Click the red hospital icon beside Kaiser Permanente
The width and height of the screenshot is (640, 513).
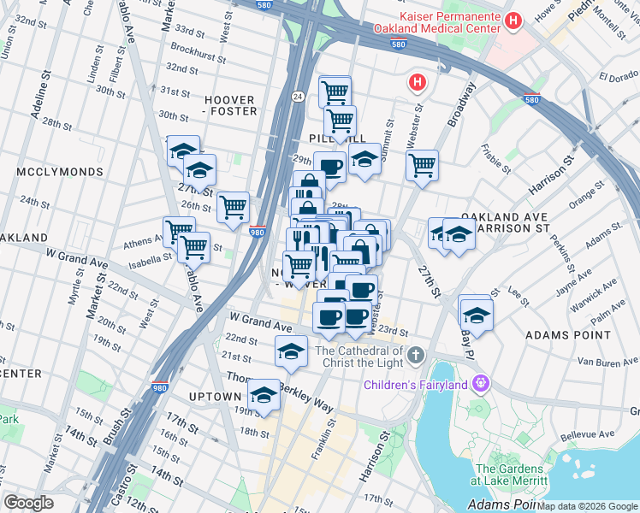[513, 21]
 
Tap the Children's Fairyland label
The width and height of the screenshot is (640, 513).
[416, 385]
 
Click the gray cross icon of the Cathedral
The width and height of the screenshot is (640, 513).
[415, 354]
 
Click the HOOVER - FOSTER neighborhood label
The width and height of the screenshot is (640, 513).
[228, 105]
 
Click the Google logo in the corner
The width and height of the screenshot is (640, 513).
[28, 503]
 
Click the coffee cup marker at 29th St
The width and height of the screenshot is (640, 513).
[329, 167]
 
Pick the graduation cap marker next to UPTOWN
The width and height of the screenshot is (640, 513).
[264, 396]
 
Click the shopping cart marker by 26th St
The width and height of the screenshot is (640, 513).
[233, 207]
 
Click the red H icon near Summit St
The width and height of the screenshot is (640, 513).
[417, 83]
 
